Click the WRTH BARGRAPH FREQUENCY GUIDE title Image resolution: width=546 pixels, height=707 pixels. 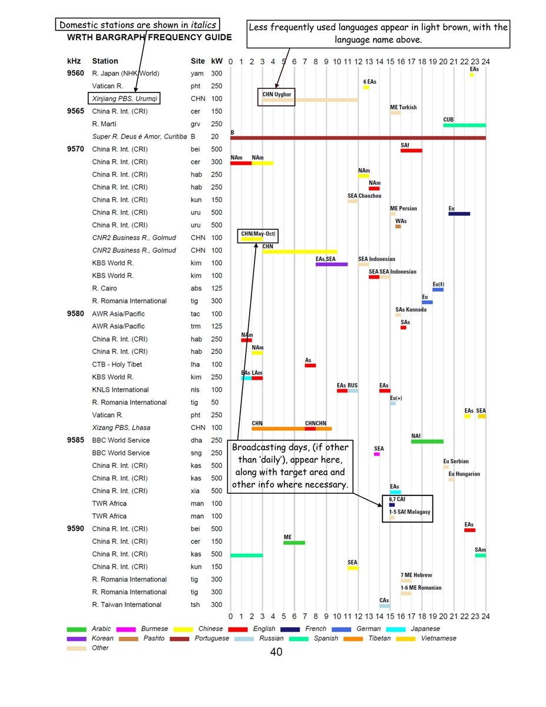click(x=150, y=37)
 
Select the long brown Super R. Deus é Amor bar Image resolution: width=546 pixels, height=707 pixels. click(x=358, y=137)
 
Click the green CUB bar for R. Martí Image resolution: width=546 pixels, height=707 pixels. click(x=464, y=125)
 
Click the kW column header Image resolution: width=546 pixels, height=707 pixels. click(x=216, y=61)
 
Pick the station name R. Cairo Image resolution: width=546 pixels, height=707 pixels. click(x=104, y=288)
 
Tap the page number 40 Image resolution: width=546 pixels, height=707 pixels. click(x=276, y=652)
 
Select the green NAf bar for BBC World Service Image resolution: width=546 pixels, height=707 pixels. click(x=427, y=441)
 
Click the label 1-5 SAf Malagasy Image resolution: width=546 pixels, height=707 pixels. click(x=409, y=512)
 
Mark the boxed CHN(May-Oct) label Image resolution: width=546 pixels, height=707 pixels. click(x=257, y=234)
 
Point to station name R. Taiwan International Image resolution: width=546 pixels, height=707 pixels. click(x=126, y=604)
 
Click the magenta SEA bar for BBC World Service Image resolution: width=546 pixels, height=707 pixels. click(x=377, y=454)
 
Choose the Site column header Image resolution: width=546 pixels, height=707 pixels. click(x=198, y=61)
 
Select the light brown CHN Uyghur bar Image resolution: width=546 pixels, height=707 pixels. click(x=310, y=100)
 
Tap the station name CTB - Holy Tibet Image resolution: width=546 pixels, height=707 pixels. click(x=117, y=364)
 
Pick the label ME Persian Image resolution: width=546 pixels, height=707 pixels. click(x=403, y=209)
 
